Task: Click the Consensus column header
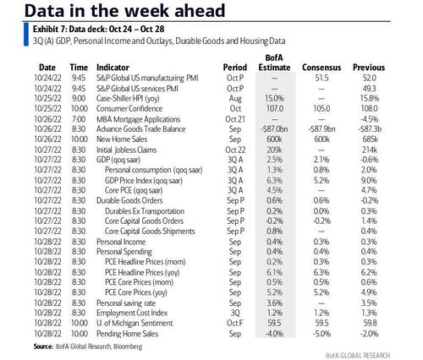coord(321,68)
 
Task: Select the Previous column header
coord(369,68)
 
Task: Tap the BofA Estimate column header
coord(274,63)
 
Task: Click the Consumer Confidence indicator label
coord(129,109)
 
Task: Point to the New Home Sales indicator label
coord(122,139)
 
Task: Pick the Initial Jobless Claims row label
coord(126,150)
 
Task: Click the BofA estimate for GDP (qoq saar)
coord(274,160)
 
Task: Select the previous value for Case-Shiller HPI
coord(370,98)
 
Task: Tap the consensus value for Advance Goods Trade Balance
coord(321,129)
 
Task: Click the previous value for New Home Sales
coord(370,139)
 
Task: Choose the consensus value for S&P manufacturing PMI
coord(321,78)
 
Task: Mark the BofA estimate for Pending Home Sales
coord(274,334)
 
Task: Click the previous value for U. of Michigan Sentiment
coord(370,323)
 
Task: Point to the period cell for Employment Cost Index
coord(235,313)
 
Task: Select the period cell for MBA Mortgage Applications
coord(235,119)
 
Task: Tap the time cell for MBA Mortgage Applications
coord(79,119)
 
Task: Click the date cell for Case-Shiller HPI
coord(47,98)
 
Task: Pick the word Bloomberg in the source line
coord(128,346)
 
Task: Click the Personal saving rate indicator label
coord(126,303)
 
